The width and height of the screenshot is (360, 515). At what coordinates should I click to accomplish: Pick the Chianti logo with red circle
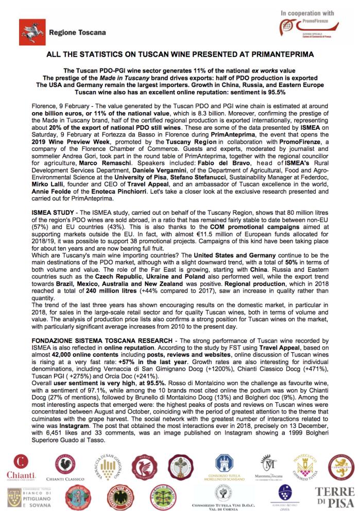click(x=21, y=466)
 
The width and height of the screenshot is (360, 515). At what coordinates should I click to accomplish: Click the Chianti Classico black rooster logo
click(x=62, y=466)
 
